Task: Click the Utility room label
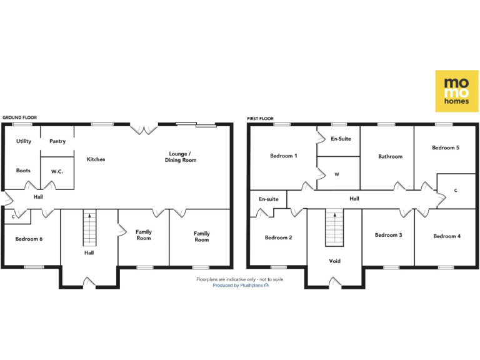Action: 24,142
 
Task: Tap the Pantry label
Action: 57,142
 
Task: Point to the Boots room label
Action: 24,170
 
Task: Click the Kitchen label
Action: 96,159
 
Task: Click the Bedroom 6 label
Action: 29,239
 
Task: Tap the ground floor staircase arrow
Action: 91,217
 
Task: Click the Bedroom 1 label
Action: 283,156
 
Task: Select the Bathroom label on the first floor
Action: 390,156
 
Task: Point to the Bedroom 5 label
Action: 446,148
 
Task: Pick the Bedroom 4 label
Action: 446,236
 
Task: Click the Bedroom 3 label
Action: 388,235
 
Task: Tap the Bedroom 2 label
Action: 277,237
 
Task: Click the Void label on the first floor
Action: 335,261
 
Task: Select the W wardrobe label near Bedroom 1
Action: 336,174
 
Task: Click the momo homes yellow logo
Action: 456,91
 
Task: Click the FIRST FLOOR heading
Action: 260,118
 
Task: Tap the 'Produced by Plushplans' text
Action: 241,285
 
